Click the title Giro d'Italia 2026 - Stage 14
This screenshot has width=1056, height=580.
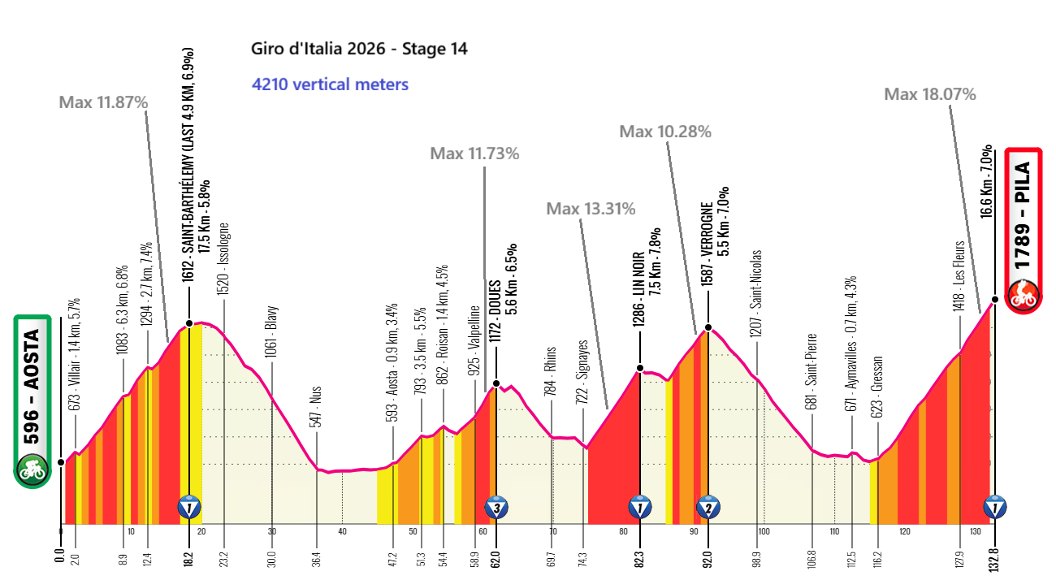(359, 49)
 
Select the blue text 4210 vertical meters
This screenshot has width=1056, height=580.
(330, 84)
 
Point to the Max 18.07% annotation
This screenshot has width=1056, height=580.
(930, 94)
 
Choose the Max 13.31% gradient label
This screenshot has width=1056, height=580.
(591, 209)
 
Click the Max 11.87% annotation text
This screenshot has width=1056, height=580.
(103, 102)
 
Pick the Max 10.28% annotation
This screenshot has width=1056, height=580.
(665, 131)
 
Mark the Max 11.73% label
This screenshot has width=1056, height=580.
(474, 153)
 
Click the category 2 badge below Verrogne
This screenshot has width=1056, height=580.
(708, 508)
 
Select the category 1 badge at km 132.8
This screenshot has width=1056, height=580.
(995, 508)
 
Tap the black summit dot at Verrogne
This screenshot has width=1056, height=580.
(708, 329)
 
